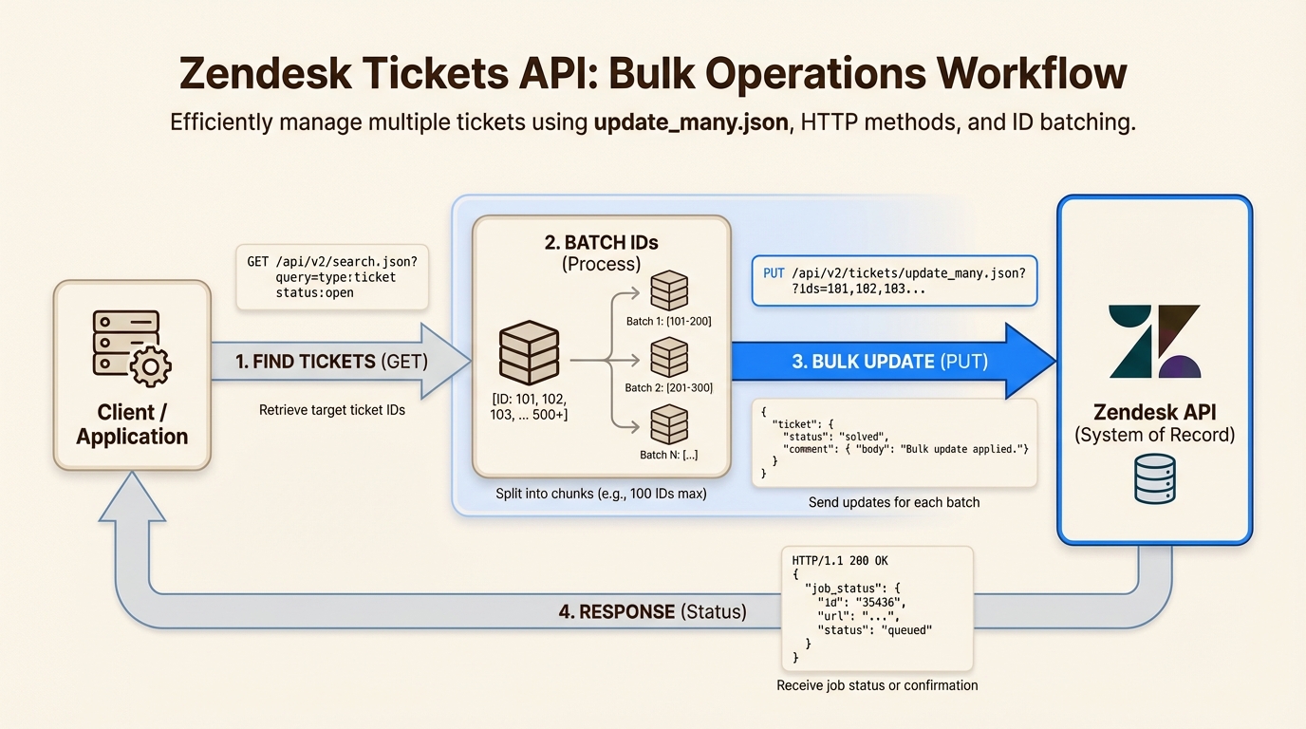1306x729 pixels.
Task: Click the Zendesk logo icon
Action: (x=1154, y=342)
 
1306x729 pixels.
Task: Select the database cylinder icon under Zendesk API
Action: (x=1154, y=479)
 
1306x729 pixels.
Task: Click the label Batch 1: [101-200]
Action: (x=668, y=321)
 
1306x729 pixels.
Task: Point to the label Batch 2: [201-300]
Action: (x=668, y=387)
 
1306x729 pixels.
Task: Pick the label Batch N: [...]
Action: (x=668, y=455)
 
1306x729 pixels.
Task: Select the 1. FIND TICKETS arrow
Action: (x=332, y=362)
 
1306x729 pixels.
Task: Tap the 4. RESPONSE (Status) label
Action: (x=652, y=612)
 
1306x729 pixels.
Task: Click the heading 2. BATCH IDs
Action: (x=601, y=242)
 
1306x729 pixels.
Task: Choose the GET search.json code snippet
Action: (x=331, y=277)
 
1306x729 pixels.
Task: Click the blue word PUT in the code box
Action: (x=774, y=272)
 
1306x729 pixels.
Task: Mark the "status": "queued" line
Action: (x=875, y=629)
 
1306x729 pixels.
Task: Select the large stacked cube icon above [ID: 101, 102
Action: (x=529, y=352)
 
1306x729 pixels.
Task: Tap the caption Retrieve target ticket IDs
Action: (x=331, y=410)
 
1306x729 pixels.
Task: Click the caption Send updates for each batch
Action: (x=893, y=501)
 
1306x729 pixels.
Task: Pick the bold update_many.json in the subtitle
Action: (x=691, y=123)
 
